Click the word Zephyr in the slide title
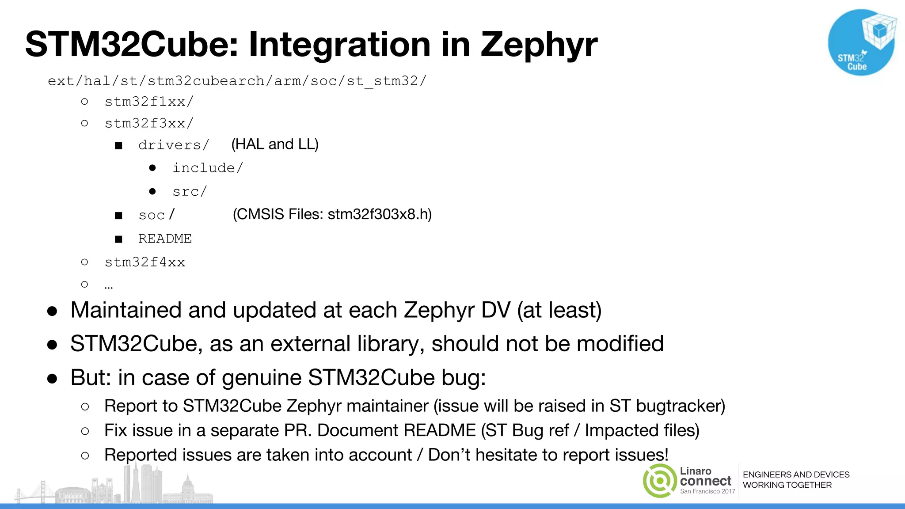[539, 46]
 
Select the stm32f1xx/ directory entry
[149, 102]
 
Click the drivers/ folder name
[173, 145]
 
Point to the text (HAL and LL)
[275, 144]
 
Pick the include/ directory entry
[208, 168]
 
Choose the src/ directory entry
[190, 191]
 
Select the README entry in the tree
[165, 239]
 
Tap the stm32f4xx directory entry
[145, 262]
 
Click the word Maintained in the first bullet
[126, 310]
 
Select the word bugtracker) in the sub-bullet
[681, 406]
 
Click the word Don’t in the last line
[449, 455]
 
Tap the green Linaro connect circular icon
[659, 481]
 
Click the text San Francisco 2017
[707, 491]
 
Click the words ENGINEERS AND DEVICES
[796, 475]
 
